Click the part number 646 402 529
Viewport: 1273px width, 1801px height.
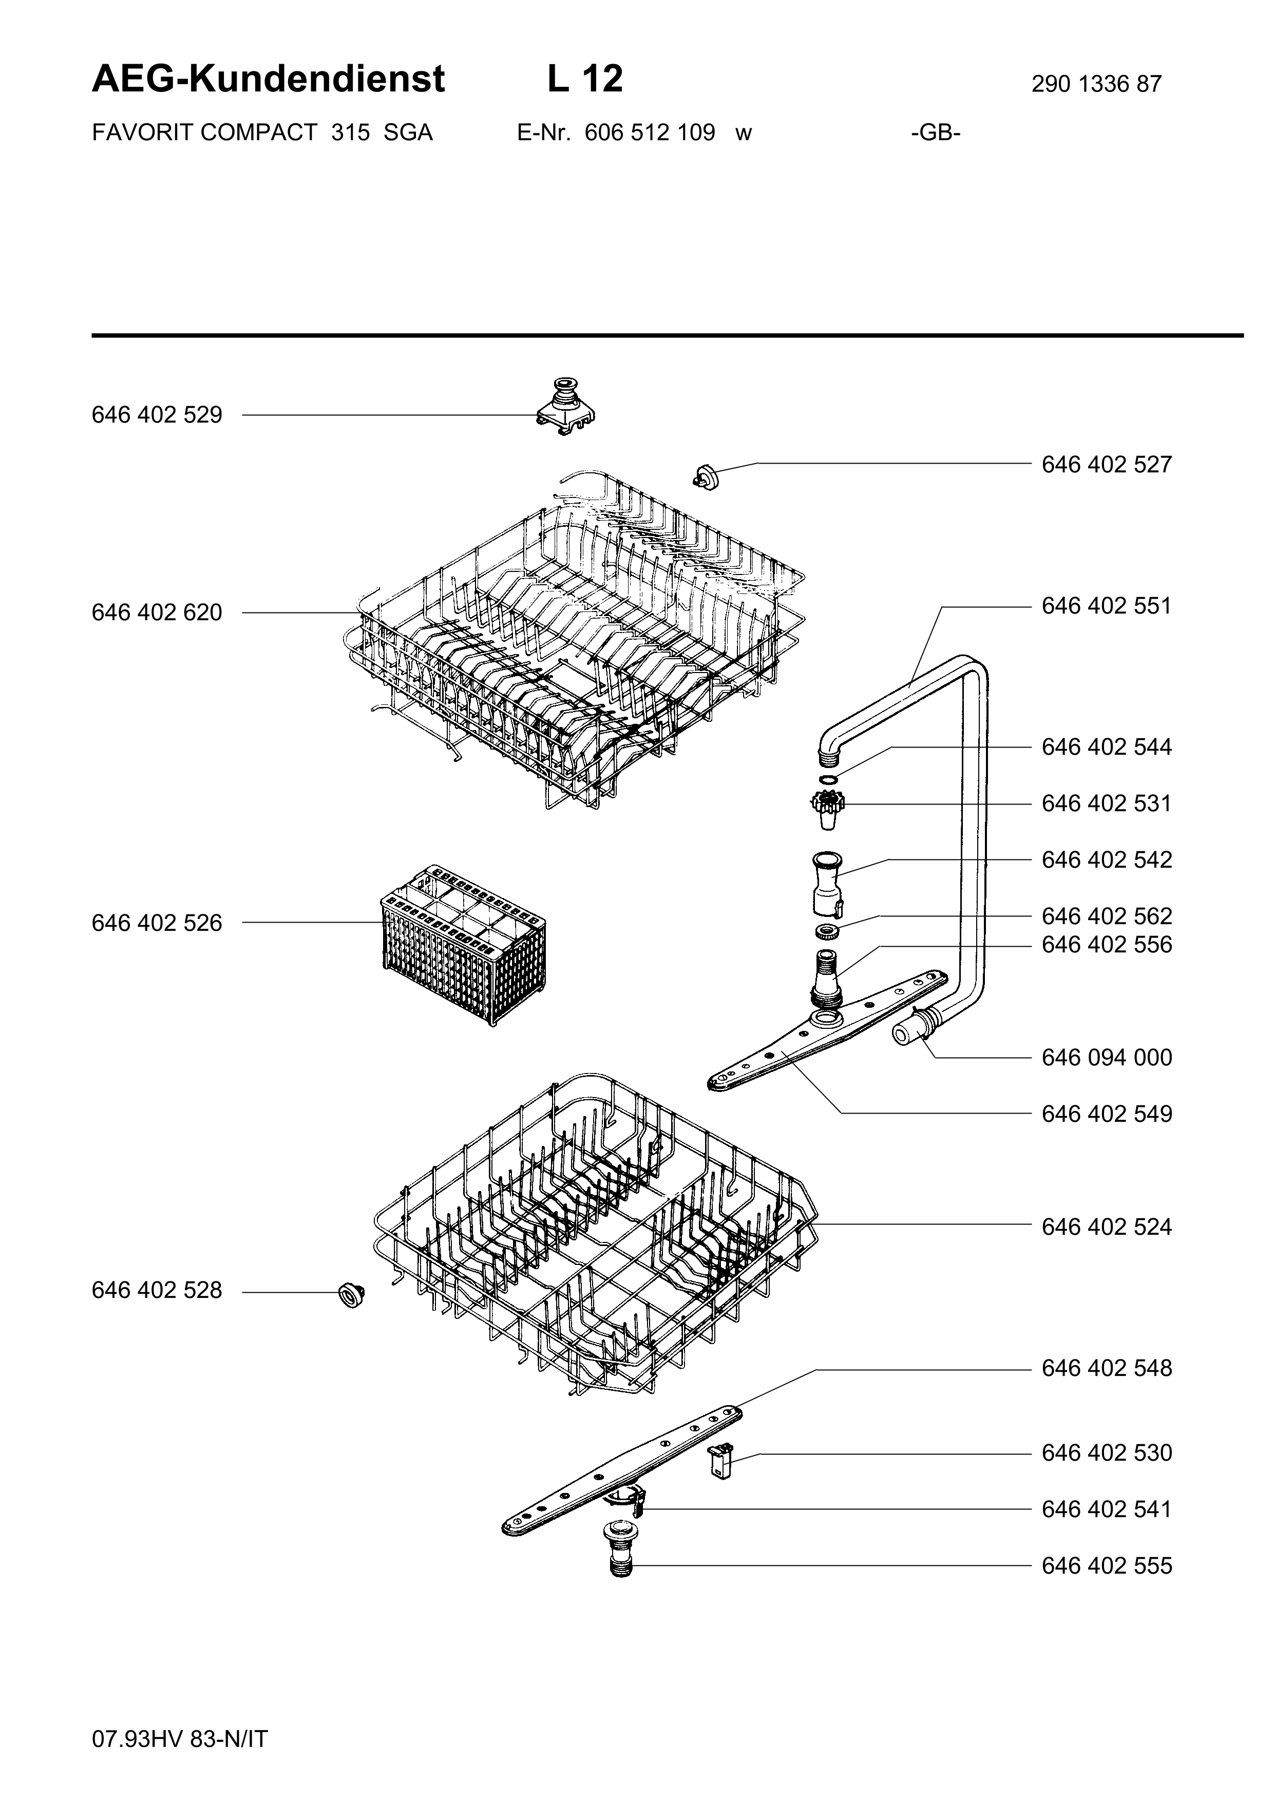157,415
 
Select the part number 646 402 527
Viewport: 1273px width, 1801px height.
1107,465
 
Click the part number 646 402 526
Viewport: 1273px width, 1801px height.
157,923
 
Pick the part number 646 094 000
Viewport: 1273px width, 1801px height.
1107,1058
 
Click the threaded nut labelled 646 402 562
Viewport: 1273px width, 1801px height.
827,932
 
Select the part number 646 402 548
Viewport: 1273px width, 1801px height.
1107,1368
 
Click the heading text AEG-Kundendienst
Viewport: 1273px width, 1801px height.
268,79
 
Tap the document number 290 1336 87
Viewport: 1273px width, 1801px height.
1096,84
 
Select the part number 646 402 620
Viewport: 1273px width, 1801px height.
157,612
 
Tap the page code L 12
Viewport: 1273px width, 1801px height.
585,79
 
